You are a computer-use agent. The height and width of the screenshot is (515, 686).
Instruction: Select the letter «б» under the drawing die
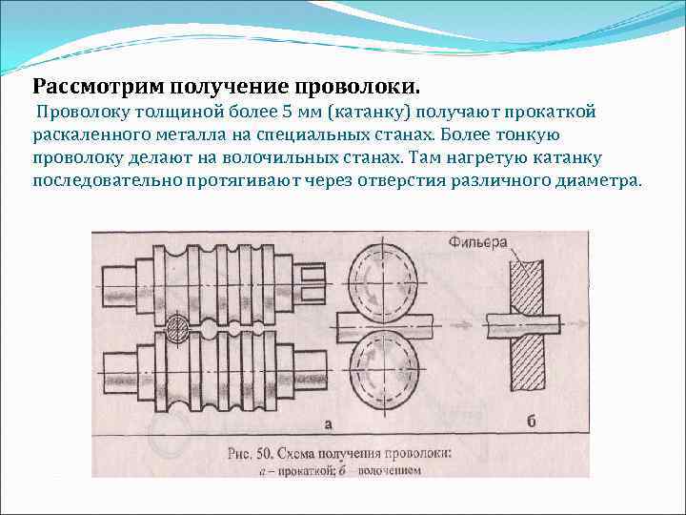point(529,421)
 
